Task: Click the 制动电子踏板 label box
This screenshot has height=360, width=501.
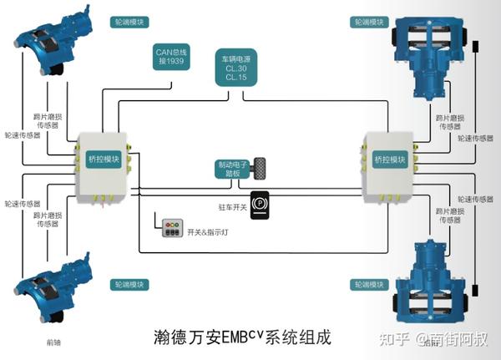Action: click(231, 170)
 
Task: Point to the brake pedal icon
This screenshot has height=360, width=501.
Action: click(262, 167)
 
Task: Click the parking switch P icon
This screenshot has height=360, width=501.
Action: click(261, 204)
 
